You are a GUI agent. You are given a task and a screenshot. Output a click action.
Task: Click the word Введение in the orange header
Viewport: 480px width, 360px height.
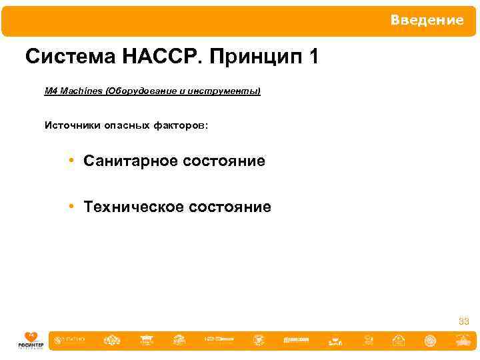(x=427, y=21)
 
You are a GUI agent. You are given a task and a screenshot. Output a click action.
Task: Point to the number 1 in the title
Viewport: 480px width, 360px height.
(x=313, y=57)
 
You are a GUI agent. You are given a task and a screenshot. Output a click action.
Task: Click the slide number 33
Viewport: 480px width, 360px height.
(x=464, y=322)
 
